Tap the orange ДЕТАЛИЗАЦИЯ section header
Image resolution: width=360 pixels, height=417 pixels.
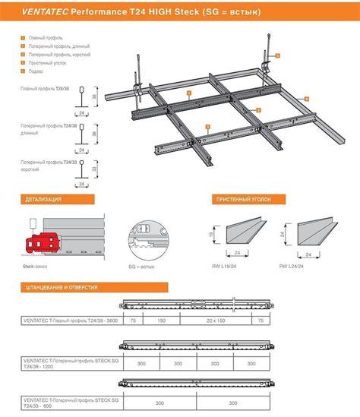[x=39, y=199]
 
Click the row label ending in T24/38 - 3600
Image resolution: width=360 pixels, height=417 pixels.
[x=71, y=321]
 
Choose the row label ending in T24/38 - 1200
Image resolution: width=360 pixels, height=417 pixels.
[x=70, y=362]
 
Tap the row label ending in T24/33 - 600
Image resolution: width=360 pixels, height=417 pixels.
[x=70, y=403]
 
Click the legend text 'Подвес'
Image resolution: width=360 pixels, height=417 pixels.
[x=36, y=72]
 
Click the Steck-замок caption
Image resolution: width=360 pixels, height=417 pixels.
[x=35, y=267]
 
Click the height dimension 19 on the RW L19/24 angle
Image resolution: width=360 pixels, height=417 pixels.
[x=210, y=235]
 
